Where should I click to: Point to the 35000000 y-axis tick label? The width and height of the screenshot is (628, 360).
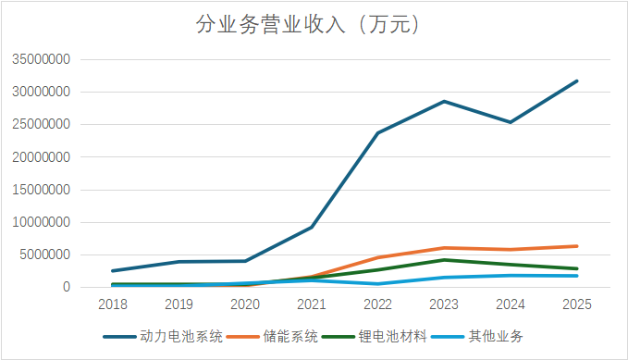(41, 60)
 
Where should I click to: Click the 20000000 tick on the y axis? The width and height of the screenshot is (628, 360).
(41, 157)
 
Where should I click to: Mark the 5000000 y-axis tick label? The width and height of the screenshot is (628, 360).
(44, 254)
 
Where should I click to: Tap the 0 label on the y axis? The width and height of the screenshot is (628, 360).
(67, 288)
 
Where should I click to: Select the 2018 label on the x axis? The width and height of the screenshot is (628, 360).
(113, 304)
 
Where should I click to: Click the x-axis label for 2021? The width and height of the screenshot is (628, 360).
(312, 304)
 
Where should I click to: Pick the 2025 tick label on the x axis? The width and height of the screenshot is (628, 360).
(577, 304)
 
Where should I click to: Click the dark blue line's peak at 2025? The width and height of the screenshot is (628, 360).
(577, 81)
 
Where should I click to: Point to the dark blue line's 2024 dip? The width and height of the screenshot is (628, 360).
(511, 122)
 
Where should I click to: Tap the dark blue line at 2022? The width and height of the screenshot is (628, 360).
(378, 133)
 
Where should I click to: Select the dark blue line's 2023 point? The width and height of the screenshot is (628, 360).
(445, 101)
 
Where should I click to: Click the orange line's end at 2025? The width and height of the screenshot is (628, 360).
(577, 246)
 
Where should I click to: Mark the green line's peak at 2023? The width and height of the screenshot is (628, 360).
(445, 260)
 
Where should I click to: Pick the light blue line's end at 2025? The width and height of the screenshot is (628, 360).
(577, 276)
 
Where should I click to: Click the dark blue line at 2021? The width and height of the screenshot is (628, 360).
(312, 227)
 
